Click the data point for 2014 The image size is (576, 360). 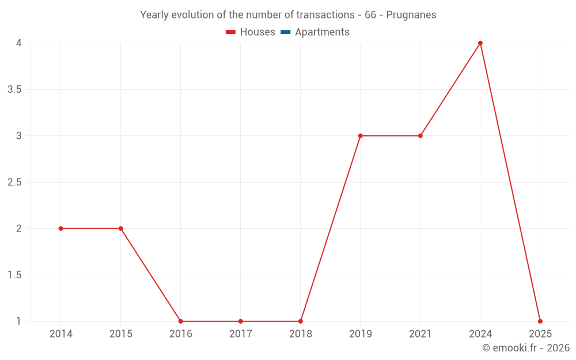(x=60, y=229)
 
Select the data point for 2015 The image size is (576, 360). (x=120, y=229)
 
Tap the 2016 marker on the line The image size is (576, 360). (x=180, y=321)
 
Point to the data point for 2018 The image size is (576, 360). (x=301, y=321)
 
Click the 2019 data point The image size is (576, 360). (x=361, y=136)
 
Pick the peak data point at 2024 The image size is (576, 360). (x=480, y=43)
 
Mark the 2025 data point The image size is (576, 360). (x=540, y=321)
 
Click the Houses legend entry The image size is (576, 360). (x=257, y=32)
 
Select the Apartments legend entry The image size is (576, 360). (x=322, y=32)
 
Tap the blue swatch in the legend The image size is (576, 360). (x=285, y=32)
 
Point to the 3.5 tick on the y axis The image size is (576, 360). (x=14, y=90)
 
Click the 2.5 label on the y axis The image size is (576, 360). (x=14, y=183)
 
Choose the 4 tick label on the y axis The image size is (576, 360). (x=18, y=43)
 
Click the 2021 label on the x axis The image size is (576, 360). (x=420, y=334)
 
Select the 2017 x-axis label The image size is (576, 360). (x=240, y=334)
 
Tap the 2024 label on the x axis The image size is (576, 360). (x=480, y=334)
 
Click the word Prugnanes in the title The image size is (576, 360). (x=411, y=15)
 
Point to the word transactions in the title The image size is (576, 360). (x=323, y=15)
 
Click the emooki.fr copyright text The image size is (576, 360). (x=526, y=348)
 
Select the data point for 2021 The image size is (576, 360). (x=420, y=136)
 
